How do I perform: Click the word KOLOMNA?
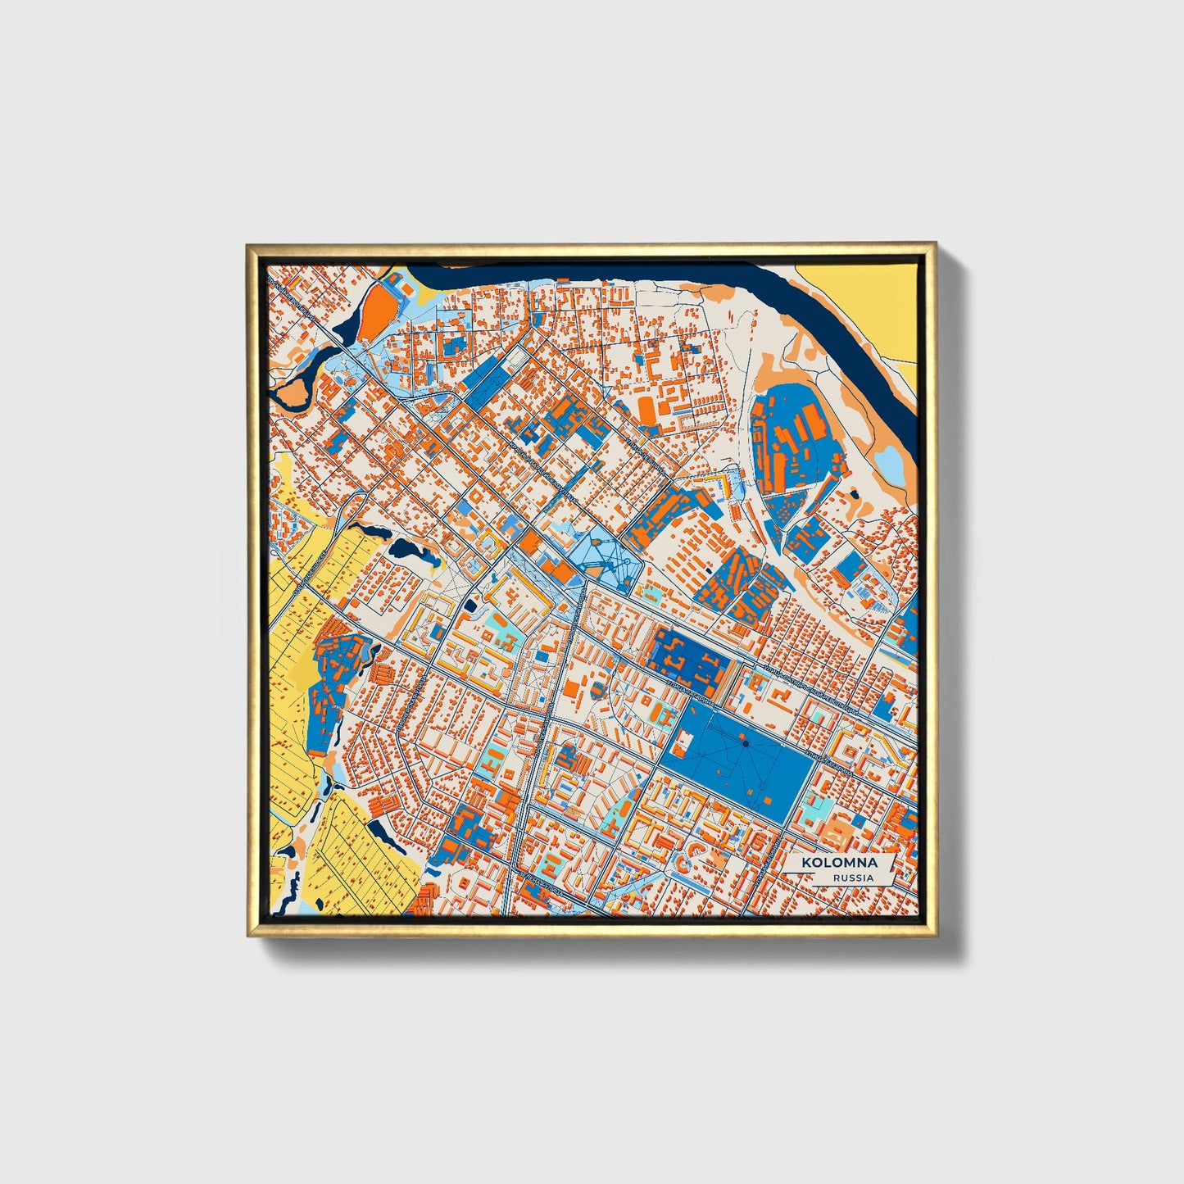(839, 863)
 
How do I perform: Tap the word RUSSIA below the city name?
(853, 878)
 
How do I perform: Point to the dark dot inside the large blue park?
(745, 742)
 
